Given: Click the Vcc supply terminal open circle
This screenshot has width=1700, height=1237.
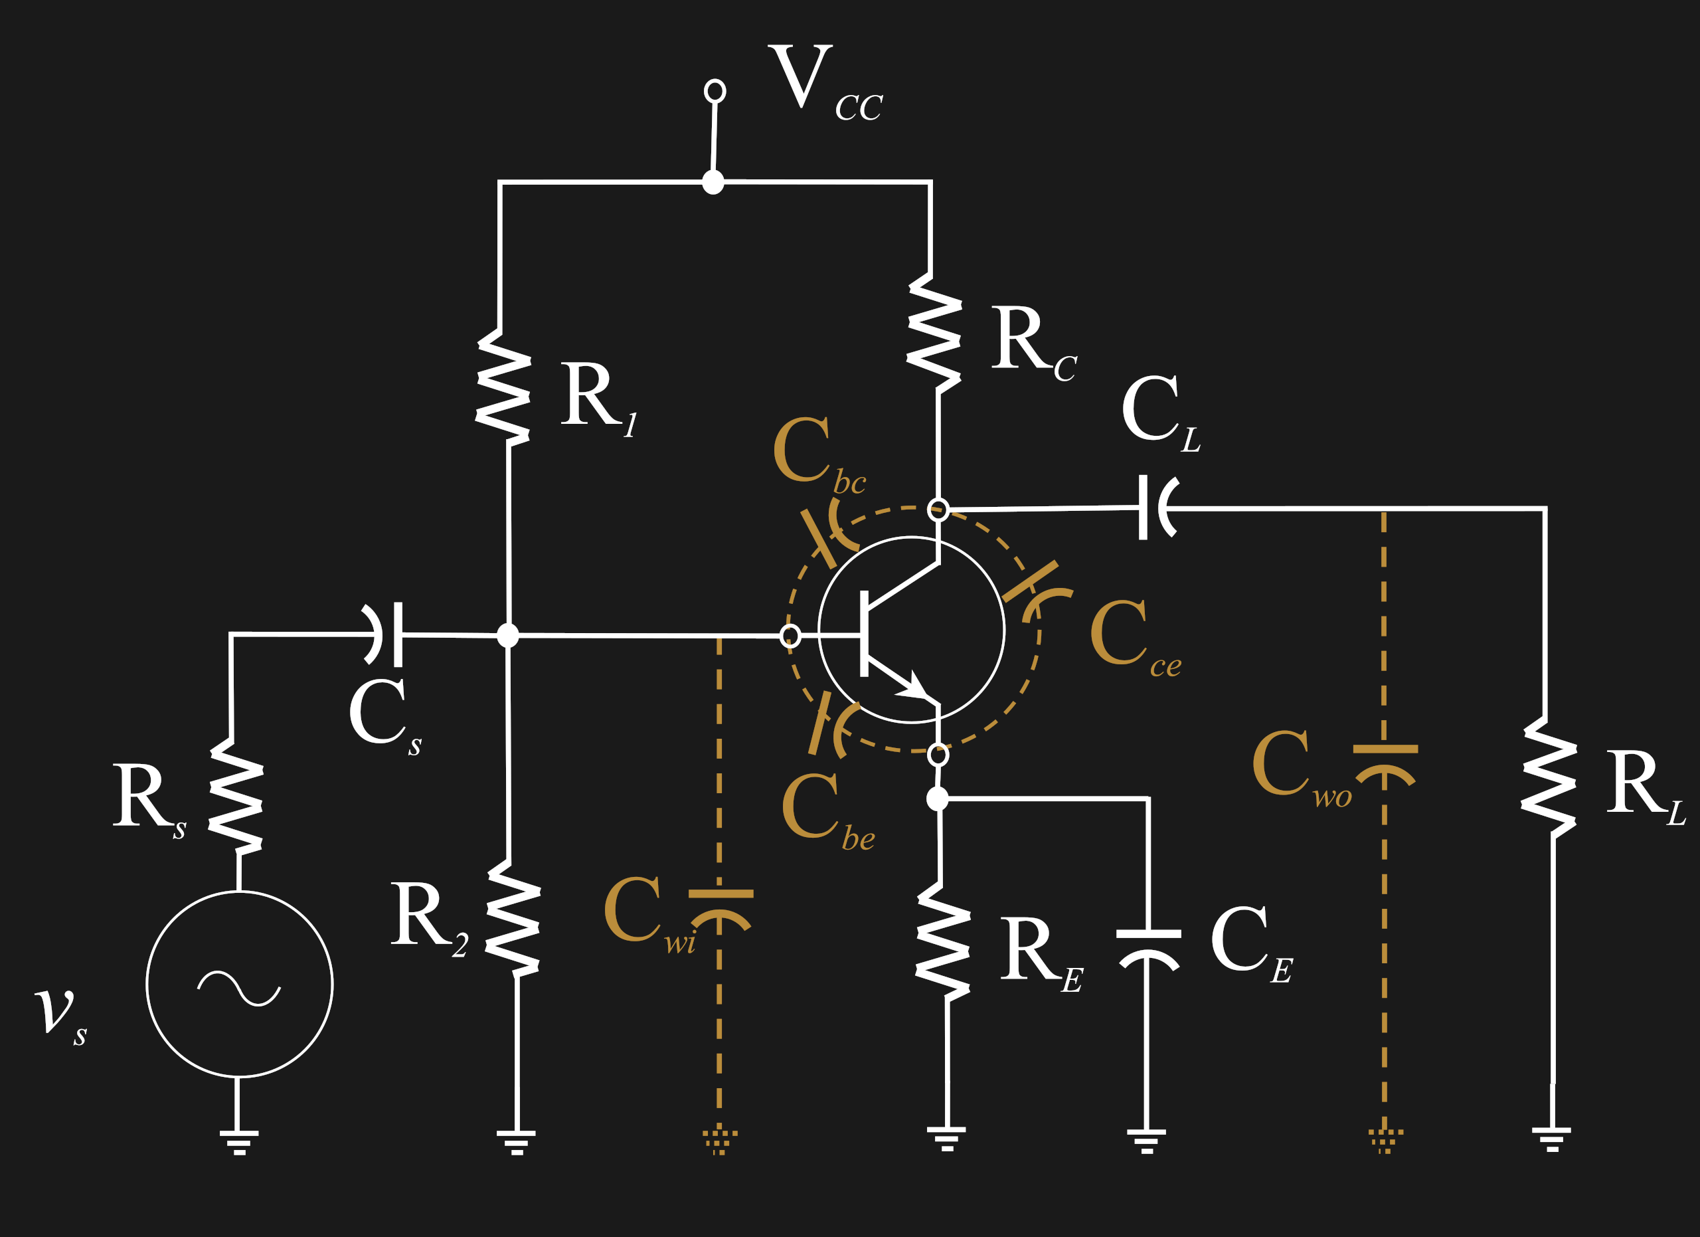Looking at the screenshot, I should tap(715, 91).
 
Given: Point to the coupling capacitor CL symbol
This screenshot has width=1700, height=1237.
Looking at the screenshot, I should tap(1155, 508).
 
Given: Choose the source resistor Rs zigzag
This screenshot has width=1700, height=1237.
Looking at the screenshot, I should tap(235, 797).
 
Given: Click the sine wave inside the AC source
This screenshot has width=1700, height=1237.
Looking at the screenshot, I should tap(238, 988).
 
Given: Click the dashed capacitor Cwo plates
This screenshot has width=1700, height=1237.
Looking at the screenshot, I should tap(1385, 761).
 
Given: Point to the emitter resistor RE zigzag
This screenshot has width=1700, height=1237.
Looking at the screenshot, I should tap(943, 941).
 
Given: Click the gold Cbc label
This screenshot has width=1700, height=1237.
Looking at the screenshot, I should tap(817, 454).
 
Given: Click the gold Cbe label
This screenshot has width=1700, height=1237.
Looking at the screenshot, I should tap(825, 810).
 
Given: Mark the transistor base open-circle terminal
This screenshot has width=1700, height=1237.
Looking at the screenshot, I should tap(790, 636).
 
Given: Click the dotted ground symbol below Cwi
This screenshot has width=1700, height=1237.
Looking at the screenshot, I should tap(720, 1139).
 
